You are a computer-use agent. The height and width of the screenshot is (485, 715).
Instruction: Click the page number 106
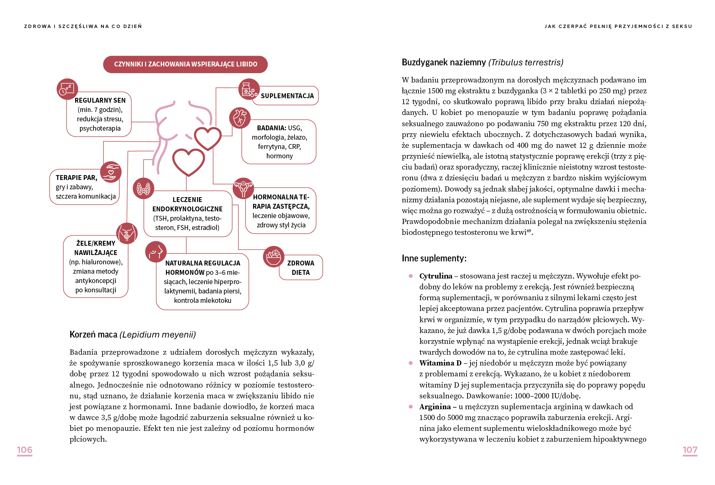click(x=25, y=450)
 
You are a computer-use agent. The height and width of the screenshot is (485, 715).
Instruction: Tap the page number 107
click(x=690, y=450)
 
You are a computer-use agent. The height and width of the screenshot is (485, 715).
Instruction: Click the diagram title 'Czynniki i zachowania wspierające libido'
click(x=185, y=64)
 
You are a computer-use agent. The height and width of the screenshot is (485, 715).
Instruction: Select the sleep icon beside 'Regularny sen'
click(x=67, y=89)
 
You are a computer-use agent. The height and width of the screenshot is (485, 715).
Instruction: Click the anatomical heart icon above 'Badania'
click(x=240, y=118)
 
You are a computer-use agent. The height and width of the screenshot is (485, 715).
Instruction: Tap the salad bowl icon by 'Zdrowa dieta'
click(x=274, y=257)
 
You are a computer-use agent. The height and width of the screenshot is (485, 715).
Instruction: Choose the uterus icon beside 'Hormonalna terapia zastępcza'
click(x=243, y=188)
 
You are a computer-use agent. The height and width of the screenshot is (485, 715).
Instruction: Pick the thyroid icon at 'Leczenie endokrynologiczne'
click(x=144, y=189)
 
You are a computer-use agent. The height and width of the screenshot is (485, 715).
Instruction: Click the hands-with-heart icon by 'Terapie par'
click(x=111, y=172)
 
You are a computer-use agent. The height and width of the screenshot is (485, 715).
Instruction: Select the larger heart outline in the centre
click(x=188, y=162)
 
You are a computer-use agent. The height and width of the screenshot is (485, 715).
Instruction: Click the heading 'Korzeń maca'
click(x=93, y=335)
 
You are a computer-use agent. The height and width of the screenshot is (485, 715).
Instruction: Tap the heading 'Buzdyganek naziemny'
click(x=444, y=62)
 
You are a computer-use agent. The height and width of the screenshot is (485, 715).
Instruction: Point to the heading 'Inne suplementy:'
click(x=434, y=258)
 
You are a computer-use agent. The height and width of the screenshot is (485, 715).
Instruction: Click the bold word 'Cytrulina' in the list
click(x=435, y=276)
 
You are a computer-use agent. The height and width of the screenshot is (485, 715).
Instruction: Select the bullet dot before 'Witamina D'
click(x=411, y=363)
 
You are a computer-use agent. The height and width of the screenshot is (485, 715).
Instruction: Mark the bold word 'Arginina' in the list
click(x=435, y=407)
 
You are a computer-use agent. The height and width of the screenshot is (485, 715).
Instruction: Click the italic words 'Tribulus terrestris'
click(x=526, y=62)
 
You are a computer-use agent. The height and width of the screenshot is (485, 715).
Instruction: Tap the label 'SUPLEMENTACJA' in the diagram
click(x=287, y=96)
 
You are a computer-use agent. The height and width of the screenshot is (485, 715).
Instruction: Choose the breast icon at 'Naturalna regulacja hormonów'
click(x=155, y=252)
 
